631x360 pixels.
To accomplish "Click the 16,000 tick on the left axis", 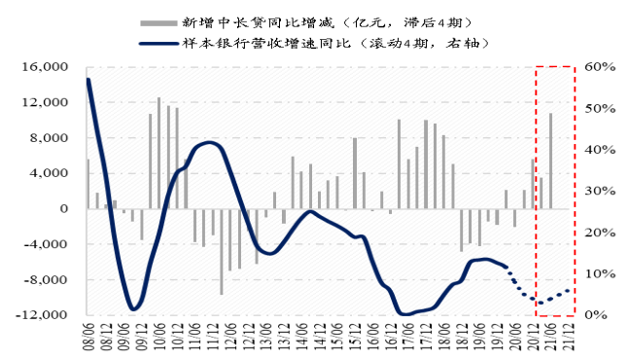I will click(x=48, y=66).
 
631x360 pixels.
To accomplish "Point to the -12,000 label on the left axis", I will click(x=45, y=315).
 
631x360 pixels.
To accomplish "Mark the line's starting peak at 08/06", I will click(x=88, y=80).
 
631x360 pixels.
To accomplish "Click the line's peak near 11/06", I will click(x=212, y=144).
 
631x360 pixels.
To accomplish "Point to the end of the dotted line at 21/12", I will click(x=569, y=289).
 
